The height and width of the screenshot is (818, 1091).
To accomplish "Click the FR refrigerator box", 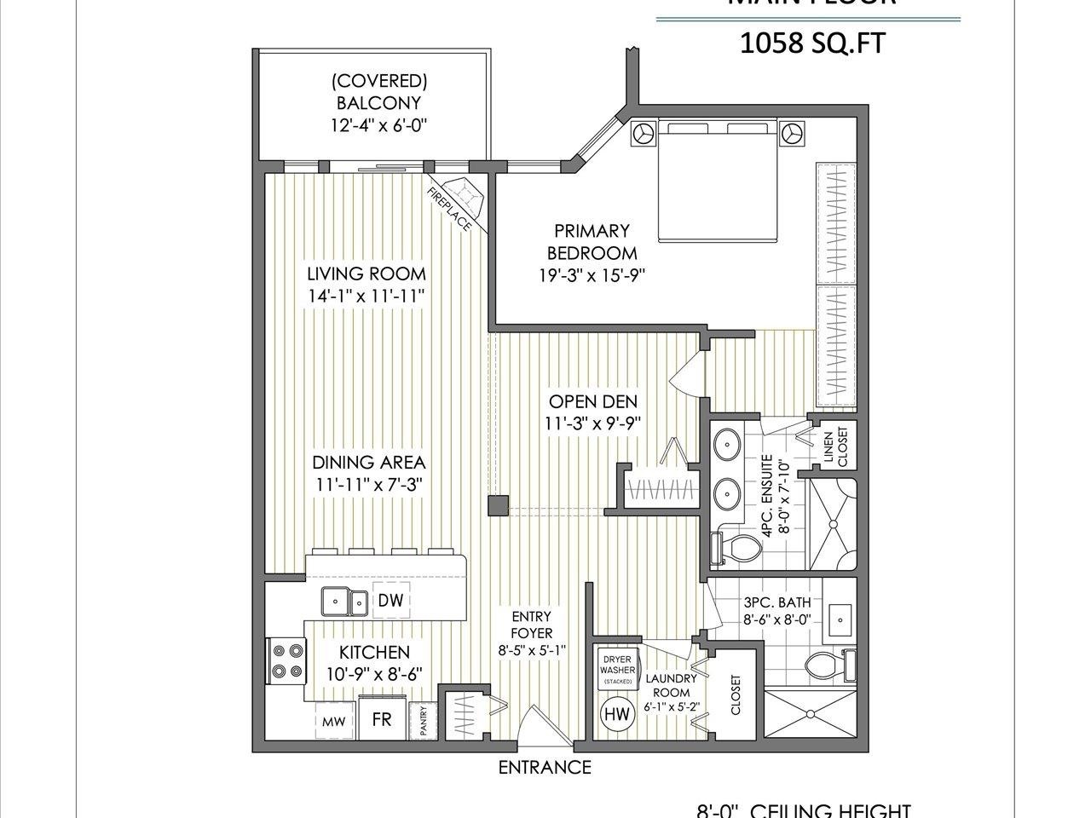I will click(381, 718).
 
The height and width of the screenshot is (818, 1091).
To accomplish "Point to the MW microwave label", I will click(332, 721).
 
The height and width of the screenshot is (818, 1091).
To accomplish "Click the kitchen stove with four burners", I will click(286, 660).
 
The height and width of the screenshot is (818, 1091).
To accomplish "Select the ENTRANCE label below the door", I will click(545, 767).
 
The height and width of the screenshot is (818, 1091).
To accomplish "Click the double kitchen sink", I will click(344, 602).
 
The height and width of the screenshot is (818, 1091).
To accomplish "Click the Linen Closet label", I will click(836, 446).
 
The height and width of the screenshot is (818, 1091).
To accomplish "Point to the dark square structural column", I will click(497, 506).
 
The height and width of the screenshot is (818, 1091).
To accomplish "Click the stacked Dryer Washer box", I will click(617, 670).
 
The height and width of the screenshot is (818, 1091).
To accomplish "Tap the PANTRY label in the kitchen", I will click(421, 721).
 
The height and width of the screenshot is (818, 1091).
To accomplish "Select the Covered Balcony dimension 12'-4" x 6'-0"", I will click(378, 125).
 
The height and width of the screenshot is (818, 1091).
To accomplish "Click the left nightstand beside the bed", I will click(642, 133).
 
